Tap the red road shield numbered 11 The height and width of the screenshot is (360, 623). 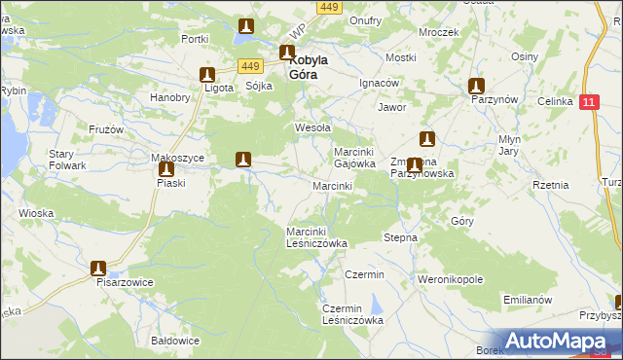coord(590,101)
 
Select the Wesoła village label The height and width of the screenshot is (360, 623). coord(313,127)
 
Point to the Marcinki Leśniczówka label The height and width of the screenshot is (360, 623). coord(316,237)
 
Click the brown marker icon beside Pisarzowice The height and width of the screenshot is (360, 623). coord(97,268)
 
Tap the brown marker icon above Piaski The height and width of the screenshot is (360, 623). coord(165,166)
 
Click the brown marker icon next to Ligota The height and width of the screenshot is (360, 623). coord(207,74)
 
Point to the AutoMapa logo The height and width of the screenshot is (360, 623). coord(556,341)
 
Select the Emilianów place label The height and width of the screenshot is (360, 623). coord(528,299)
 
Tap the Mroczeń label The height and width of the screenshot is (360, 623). coord(438,32)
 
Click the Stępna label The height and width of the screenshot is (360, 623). coord(401,237)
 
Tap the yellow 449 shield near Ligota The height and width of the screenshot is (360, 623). coord(251,65)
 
